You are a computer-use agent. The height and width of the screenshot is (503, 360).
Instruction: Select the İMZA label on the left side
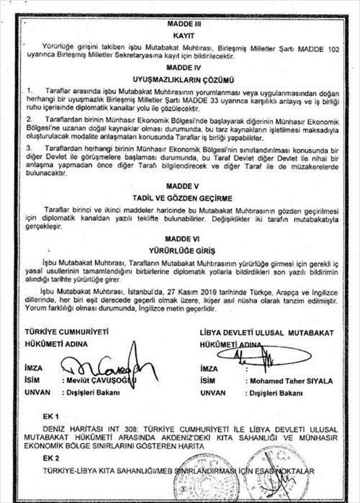(33, 367)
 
